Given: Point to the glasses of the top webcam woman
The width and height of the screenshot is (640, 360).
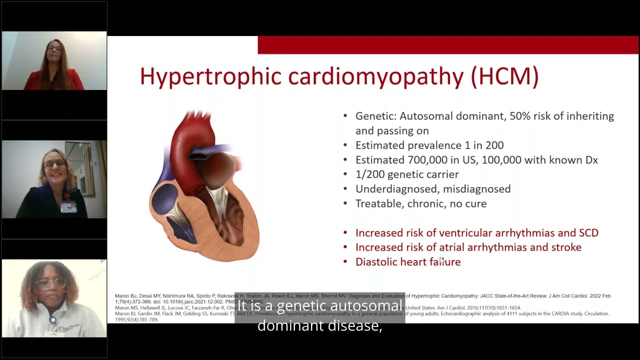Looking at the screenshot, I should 54,48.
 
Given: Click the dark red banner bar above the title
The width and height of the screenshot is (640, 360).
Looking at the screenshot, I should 448,45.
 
